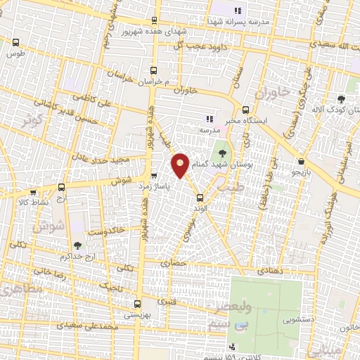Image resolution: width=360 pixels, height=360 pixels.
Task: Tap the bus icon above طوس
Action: [x=15, y=43]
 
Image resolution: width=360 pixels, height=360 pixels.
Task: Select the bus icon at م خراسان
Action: [x=154, y=70]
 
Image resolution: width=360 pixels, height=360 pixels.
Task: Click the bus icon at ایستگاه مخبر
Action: [x=245, y=110]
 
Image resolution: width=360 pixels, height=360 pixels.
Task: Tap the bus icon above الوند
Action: [x=200, y=198]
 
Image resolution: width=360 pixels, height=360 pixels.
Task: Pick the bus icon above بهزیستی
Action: [x=137, y=304]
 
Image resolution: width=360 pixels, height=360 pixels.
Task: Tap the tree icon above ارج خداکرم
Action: [x=77, y=245]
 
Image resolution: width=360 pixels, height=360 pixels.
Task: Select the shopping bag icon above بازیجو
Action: [x=301, y=161]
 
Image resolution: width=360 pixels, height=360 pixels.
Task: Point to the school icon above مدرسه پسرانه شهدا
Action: [x=237, y=11]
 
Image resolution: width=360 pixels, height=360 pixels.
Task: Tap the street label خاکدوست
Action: [x=106, y=229]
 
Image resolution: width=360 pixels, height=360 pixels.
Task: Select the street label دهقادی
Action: [x=271, y=270]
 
